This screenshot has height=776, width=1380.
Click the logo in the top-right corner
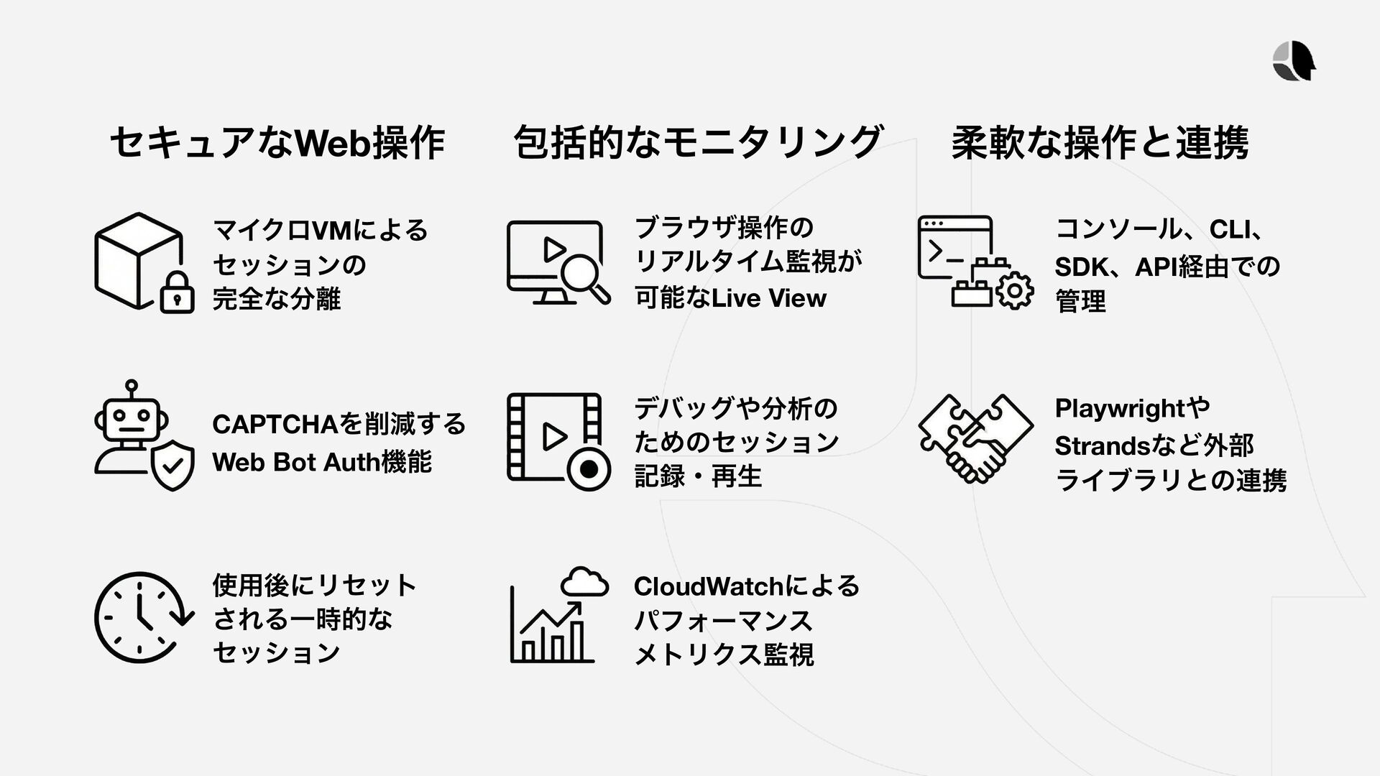click(x=1294, y=61)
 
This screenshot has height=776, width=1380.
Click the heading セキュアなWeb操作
click(x=277, y=142)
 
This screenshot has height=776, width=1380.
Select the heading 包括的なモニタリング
click(x=698, y=142)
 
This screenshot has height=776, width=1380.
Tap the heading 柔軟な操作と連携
click(x=1100, y=142)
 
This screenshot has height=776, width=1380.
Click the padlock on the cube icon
click(x=177, y=294)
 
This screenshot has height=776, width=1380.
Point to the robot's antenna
click(x=131, y=388)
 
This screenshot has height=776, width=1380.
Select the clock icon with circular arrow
click(x=142, y=617)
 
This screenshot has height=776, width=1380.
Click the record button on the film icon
click(x=588, y=469)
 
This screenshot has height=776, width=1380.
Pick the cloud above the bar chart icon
click(x=584, y=582)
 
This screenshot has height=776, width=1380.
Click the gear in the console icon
click(x=1014, y=291)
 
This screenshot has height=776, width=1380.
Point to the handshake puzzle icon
click(x=975, y=438)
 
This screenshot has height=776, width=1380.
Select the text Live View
click(x=768, y=297)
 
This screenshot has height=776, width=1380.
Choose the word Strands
click(x=1103, y=445)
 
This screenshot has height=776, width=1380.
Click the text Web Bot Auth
click(x=295, y=462)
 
